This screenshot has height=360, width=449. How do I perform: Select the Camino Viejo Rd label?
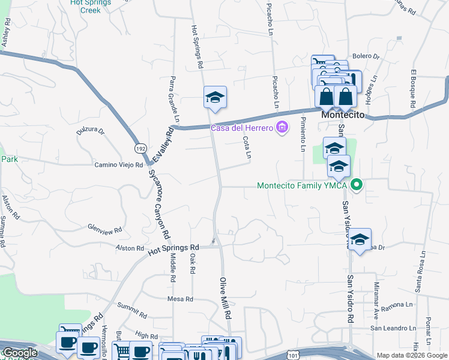coord(118,164)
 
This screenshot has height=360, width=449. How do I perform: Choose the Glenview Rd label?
coord(105,229)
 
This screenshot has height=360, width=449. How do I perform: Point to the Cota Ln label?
coord(247,148)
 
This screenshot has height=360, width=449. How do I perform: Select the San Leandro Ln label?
coord(393,328)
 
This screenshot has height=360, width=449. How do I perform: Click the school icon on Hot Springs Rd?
coord(214,98)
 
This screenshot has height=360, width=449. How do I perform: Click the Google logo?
coord(20,352)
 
